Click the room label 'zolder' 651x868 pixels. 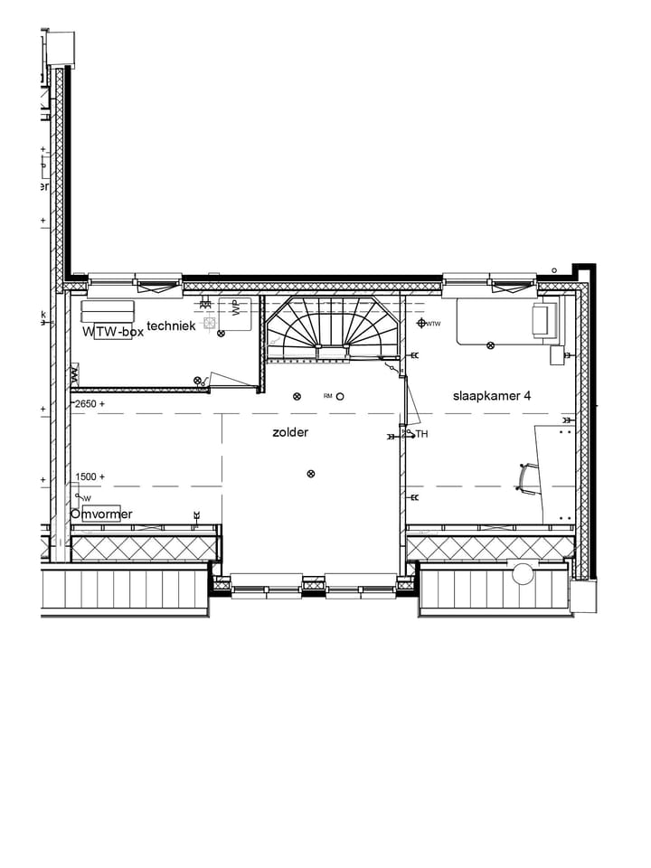click(290, 433)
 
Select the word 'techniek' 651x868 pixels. click(171, 325)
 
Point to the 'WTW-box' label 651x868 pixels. click(113, 332)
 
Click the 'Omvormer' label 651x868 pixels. click(101, 514)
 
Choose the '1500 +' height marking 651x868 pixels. click(90, 476)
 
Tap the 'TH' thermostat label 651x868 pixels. click(420, 435)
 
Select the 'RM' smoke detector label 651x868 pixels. click(328, 396)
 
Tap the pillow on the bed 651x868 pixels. click(543, 322)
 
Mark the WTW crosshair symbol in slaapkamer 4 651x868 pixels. click(421, 323)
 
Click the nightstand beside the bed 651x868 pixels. click(560, 356)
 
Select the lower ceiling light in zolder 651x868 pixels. click(311, 473)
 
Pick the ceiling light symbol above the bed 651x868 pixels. click(491, 344)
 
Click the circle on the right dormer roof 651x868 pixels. click(522, 572)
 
